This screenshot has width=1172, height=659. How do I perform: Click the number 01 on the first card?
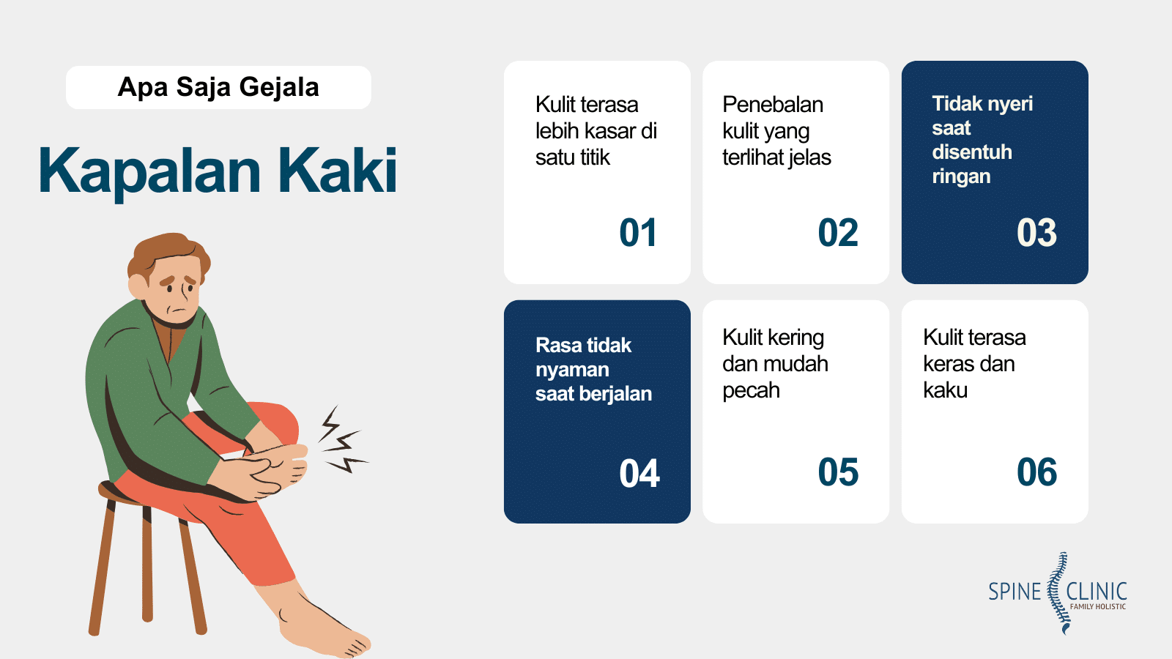coord(638,233)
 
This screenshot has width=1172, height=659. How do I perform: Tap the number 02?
coord(837,233)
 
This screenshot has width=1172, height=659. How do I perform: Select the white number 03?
coord(1036,233)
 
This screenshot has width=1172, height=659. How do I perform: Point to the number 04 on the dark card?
coord(639,473)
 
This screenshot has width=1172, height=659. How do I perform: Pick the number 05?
coord(838,472)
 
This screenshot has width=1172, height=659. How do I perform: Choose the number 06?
coord(1036,472)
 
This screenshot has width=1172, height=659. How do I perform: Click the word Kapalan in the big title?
coord(149,171)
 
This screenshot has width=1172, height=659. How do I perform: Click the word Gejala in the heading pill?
coord(278,87)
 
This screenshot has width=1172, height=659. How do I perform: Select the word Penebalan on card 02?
coord(773,105)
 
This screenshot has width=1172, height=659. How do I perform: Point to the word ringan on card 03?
coord(961,176)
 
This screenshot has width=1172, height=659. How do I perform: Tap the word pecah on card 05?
coord(751,390)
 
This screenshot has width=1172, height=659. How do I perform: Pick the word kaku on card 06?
coord(945,390)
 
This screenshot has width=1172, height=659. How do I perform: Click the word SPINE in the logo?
coord(1015,592)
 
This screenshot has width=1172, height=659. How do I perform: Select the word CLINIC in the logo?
coord(1097,590)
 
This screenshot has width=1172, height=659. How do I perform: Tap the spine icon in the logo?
coord(1057,593)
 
